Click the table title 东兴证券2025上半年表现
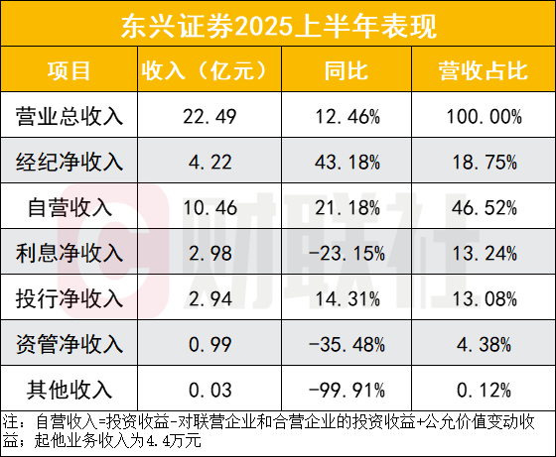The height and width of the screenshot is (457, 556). [277, 23]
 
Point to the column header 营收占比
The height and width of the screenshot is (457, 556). [480, 70]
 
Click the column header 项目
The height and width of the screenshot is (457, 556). [69, 70]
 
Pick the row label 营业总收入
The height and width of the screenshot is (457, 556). [69, 117]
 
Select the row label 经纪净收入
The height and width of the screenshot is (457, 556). [69, 163]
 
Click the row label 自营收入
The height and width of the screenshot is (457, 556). [69, 208]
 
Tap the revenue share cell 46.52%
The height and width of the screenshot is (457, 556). [480, 208]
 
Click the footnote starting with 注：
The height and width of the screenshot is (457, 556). [277, 431]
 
